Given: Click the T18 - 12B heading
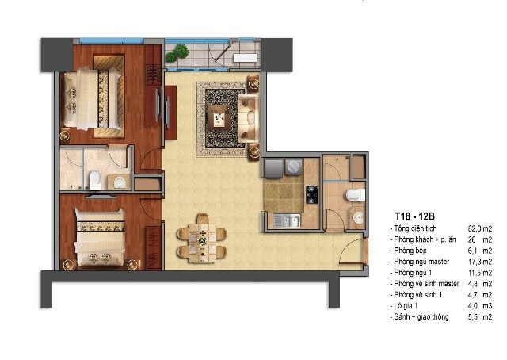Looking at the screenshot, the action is [x=414, y=216].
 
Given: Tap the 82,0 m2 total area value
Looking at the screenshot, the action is [x=480, y=228].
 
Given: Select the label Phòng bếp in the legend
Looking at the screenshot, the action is [x=410, y=251].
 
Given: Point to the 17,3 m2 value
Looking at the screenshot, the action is [x=480, y=262].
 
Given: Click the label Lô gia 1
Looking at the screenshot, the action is [x=406, y=305].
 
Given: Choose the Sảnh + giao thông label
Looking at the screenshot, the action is [x=421, y=316].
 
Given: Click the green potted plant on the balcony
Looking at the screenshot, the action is [x=177, y=53].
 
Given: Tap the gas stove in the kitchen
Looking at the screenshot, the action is [x=311, y=194].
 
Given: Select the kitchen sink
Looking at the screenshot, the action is [x=287, y=220].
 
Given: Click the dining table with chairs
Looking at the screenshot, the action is [x=202, y=238].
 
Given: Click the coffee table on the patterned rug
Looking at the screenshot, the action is [x=220, y=117].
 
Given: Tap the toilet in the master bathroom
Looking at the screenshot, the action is [x=95, y=181].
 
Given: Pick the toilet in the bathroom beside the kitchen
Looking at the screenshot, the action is [x=355, y=195].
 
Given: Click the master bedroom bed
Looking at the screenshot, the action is [x=92, y=98].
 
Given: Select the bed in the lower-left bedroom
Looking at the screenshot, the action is [x=100, y=238].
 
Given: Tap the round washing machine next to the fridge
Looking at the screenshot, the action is [x=294, y=167].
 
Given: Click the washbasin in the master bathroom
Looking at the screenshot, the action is [x=120, y=182].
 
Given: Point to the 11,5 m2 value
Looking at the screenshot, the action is [x=480, y=273].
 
